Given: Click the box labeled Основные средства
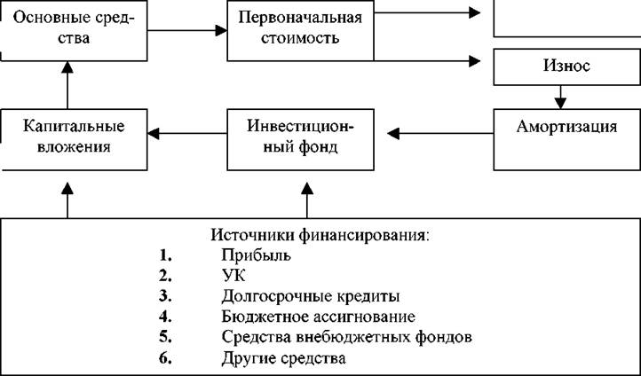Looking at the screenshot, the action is (74, 31).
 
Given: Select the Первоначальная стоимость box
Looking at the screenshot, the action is (300, 31).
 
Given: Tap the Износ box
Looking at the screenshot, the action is (567, 67).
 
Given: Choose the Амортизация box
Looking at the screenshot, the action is (567, 139).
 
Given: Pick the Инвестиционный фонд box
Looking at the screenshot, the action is (300, 139).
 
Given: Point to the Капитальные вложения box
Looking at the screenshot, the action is (74, 139).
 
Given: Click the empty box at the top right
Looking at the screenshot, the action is (567, 19).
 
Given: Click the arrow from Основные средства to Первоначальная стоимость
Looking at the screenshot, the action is (187, 30).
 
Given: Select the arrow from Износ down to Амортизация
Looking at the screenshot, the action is (560, 97).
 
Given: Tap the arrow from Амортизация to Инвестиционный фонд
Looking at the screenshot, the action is (440, 134).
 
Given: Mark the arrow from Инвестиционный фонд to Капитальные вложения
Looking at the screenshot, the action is (187, 134).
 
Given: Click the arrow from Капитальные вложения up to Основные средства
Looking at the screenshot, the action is (67, 85).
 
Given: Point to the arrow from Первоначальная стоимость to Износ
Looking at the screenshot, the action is (427, 61).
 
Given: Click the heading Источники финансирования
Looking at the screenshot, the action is (320, 235).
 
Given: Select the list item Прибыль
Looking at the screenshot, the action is (257, 255).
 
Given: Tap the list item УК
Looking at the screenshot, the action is (233, 276).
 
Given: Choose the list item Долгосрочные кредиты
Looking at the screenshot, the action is (311, 296).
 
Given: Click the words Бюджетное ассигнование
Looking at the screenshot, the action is (319, 317).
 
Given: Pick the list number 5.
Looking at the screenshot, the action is (165, 337).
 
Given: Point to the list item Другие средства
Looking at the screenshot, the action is (284, 358).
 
